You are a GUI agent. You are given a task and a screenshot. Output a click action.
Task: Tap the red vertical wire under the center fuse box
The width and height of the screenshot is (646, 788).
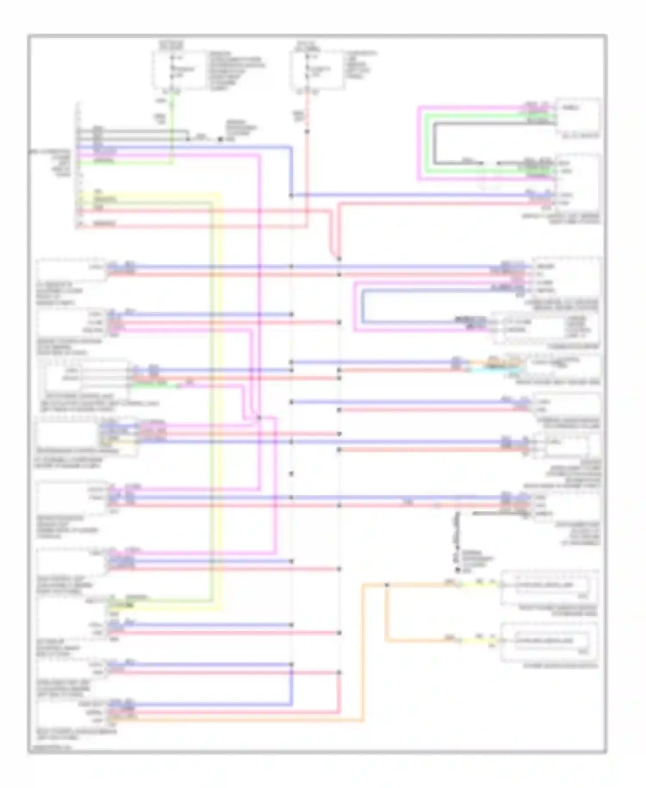click(x=307, y=172)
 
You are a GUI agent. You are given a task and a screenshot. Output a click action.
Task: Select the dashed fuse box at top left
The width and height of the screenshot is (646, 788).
click(x=179, y=69)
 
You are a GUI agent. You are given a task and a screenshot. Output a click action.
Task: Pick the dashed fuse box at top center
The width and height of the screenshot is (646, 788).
click(x=318, y=70)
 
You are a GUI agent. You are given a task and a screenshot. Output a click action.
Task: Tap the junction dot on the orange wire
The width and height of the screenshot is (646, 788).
click(x=387, y=585)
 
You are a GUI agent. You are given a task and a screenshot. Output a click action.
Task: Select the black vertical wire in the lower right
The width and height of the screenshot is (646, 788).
click(x=457, y=535)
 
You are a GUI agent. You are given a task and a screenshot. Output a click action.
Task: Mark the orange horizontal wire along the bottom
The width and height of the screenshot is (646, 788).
click(x=241, y=720)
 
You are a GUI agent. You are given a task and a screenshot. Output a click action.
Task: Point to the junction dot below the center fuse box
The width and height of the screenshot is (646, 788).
click(x=307, y=131)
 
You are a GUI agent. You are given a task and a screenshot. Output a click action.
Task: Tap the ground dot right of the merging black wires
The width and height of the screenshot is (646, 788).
click(x=221, y=139)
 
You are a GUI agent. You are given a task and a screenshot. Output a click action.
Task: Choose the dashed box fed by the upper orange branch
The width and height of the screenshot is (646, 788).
click(x=549, y=586)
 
